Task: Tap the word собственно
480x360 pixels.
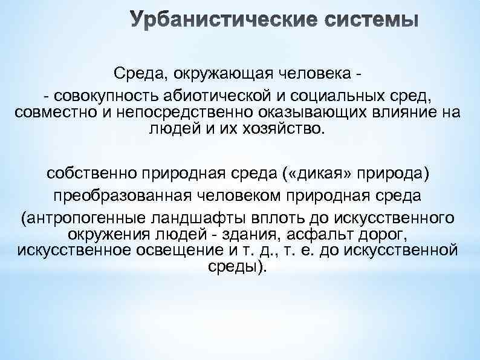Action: pos(91,174)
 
